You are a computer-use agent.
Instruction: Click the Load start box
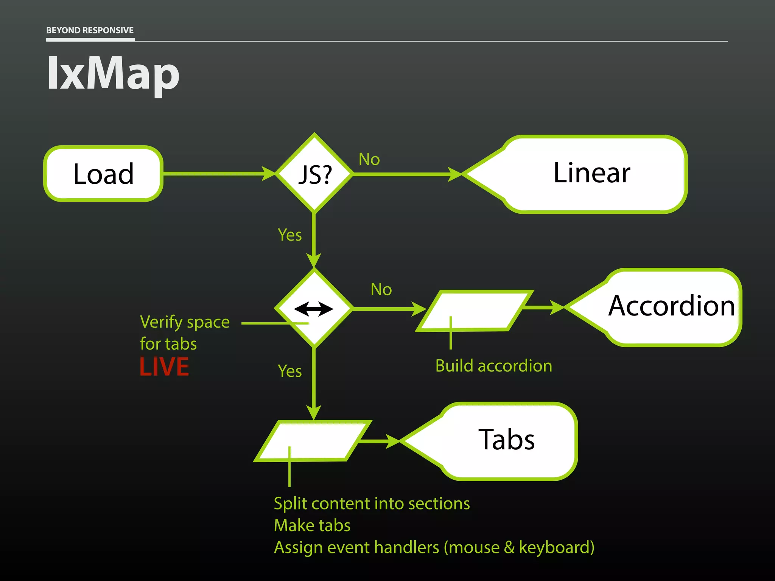click(103, 174)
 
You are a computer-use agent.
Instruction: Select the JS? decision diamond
click(314, 174)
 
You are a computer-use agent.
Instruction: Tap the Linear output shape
click(591, 174)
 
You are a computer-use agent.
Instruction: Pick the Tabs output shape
click(506, 440)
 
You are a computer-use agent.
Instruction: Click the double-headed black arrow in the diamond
click(314, 309)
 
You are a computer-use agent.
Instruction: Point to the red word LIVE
click(164, 367)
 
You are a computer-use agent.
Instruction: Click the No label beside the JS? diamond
click(369, 159)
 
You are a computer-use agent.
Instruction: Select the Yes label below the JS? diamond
click(289, 235)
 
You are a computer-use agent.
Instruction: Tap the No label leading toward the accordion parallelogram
click(381, 289)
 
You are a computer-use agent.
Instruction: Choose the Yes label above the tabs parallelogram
click(289, 371)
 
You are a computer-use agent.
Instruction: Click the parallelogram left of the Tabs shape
click(313, 441)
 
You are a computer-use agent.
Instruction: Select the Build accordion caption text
click(493, 366)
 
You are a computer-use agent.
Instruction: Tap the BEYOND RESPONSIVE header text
click(90, 30)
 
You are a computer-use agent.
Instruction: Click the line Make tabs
click(312, 525)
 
